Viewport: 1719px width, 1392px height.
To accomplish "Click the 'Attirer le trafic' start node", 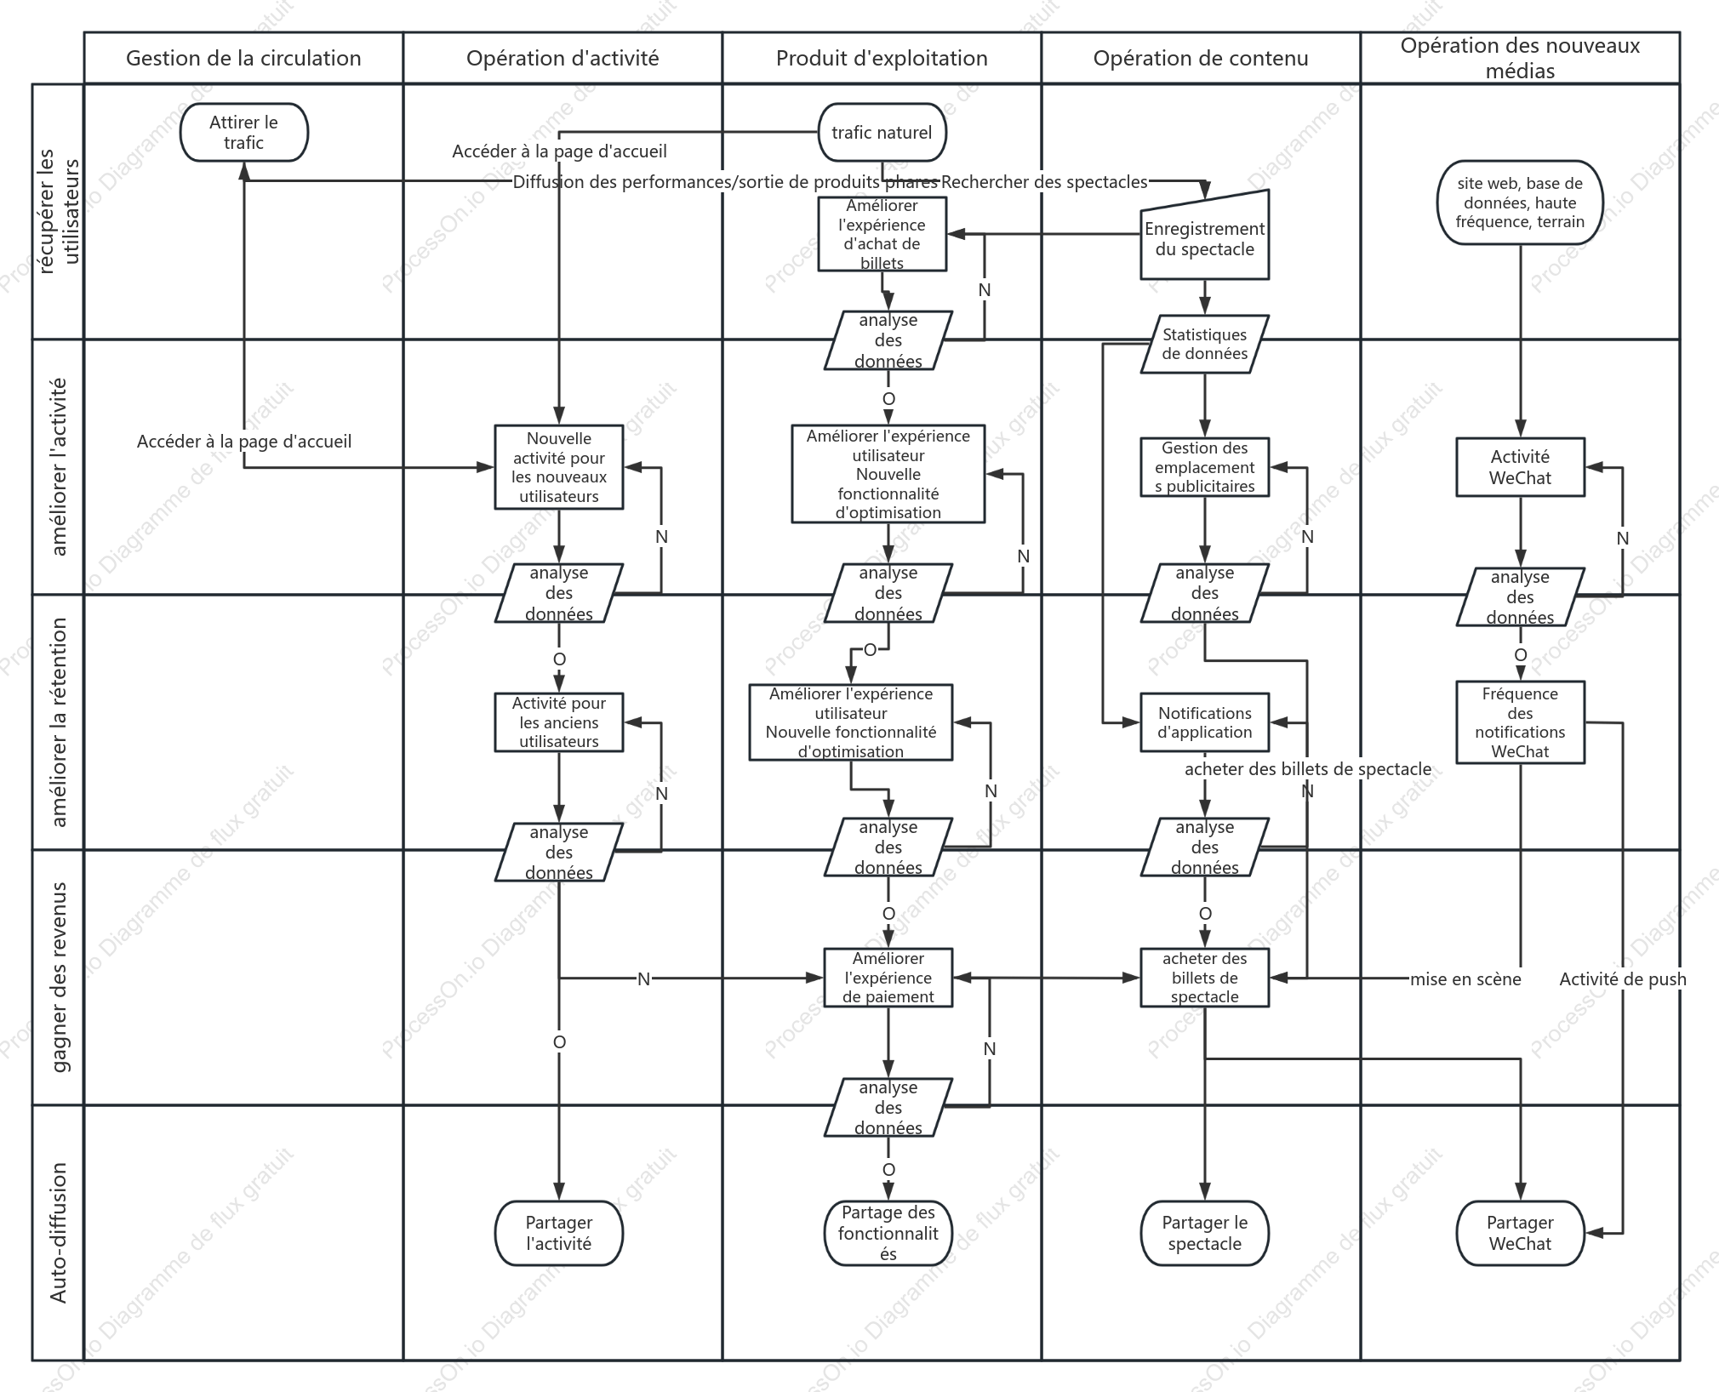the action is pyautogui.click(x=244, y=133).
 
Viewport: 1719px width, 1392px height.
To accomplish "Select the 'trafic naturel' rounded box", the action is pyautogui.click(x=882, y=133).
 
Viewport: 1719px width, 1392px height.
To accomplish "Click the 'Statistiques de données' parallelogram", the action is pyautogui.click(x=1204, y=345).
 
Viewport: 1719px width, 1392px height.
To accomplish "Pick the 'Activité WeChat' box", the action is pyautogui.click(x=1520, y=467).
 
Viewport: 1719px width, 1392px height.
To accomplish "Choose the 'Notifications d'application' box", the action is pyautogui.click(x=1204, y=722).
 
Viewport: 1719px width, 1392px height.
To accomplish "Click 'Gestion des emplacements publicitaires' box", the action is pyautogui.click(x=1204, y=467).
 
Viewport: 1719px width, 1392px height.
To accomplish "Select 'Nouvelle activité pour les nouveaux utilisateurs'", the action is pyautogui.click(x=559, y=467).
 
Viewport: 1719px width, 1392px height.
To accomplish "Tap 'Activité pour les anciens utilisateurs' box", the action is pyautogui.click(x=559, y=722).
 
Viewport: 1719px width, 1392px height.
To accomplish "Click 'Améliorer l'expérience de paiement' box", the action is pyautogui.click(x=888, y=978).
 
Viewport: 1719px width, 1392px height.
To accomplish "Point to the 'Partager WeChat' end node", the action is pyautogui.click(x=1520, y=1233).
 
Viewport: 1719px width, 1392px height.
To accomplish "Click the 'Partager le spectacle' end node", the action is pyautogui.click(x=1204, y=1233).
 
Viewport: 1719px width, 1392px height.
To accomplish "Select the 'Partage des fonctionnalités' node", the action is pyautogui.click(x=888, y=1233).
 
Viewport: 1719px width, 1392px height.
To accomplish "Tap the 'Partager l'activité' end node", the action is pyautogui.click(x=559, y=1233).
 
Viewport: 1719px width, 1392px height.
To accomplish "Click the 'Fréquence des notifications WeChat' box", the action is pyautogui.click(x=1520, y=722).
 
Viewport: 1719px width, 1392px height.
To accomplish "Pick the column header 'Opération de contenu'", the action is pyautogui.click(x=1201, y=58).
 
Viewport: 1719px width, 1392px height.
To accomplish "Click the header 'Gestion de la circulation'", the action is pyautogui.click(x=243, y=58).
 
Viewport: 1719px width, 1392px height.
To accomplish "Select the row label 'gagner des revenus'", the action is pyautogui.click(x=59, y=978).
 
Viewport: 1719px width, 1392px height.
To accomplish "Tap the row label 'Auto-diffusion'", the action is pyautogui.click(x=59, y=1233).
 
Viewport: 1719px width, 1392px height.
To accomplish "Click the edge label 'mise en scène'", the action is pyautogui.click(x=1465, y=979).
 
